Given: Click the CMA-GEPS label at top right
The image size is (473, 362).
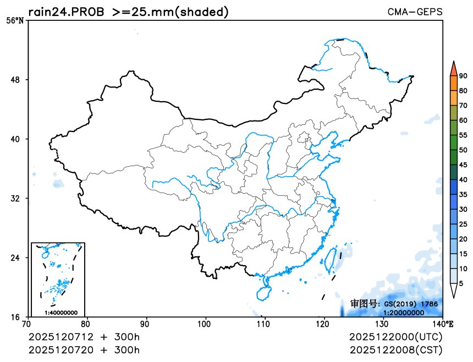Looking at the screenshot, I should (x=415, y=12).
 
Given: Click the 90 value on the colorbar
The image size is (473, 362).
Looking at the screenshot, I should (x=463, y=76).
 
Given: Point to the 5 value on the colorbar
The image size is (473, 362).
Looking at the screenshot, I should (x=461, y=283).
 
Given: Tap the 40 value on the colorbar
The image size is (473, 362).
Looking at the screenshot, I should (x=463, y=179).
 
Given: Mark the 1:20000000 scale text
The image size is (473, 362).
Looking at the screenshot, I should (x=404, y=312).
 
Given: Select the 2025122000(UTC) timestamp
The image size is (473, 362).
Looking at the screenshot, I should (x=395, y=337).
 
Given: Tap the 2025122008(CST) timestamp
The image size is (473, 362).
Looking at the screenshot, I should (x=395, y=350).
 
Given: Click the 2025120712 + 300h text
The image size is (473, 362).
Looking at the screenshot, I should (x=84, y=337).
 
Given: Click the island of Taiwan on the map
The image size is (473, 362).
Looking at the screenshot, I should (x=331, y=260).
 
